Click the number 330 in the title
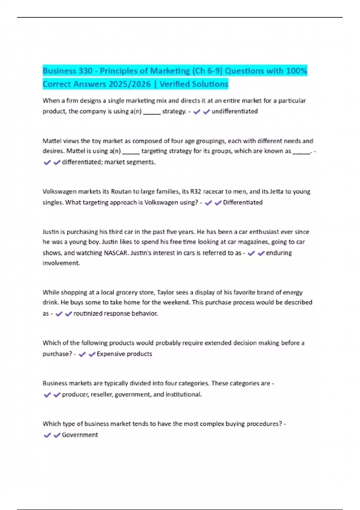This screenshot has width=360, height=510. (85, 71)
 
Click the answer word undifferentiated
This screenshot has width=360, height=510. (235, 111)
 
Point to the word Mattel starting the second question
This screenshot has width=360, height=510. (52, 141)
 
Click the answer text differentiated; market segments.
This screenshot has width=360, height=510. (109, 162)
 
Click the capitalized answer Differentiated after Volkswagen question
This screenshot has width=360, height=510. (243, 202)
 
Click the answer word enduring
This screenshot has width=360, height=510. (279, 253)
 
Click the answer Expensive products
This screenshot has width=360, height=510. (124, 354)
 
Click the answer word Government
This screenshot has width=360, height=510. (80, 435)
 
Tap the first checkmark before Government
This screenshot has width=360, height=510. (47, 435)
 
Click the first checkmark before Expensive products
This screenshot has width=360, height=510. (82, 354)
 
